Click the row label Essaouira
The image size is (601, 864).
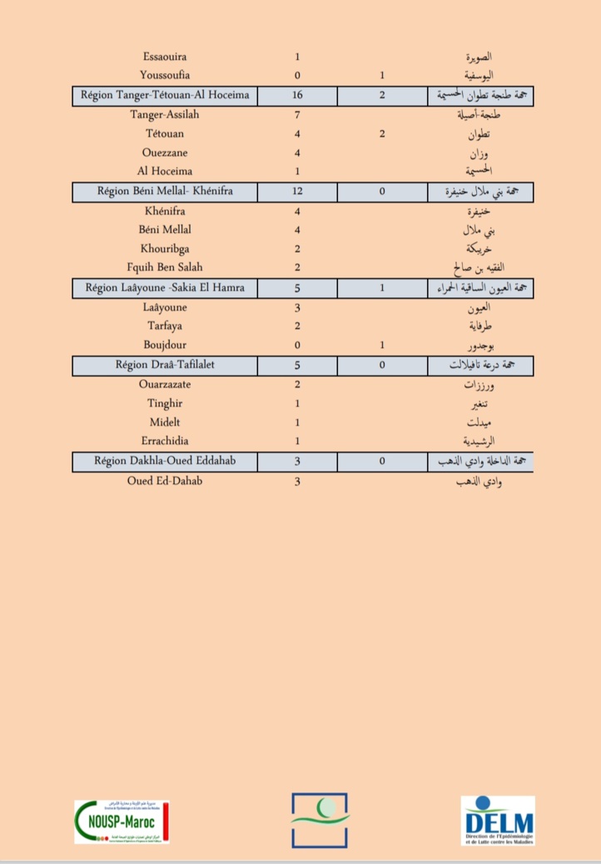pos(165,57)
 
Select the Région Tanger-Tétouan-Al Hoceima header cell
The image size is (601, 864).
pos(165,95)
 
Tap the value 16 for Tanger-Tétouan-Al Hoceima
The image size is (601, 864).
pos(297,95)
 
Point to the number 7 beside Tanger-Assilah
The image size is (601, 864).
pos(297,114)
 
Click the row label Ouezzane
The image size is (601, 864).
pos(165,152)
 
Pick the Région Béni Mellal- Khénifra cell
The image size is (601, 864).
pos(165,192)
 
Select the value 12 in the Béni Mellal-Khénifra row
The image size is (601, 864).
pos(297,192)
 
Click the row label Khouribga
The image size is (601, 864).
pos(165,249)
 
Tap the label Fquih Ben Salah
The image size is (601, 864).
pos(165,267)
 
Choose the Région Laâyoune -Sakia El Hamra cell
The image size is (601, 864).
pos(165,288)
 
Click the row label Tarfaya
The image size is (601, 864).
pos(165,326)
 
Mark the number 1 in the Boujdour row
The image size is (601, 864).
pos(381,345)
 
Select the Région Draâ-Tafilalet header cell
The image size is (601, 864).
pos(165,365)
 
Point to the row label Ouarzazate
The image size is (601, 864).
pos(165,384)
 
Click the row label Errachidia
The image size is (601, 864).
pos(165,441)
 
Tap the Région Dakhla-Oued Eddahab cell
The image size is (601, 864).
pos(165,461)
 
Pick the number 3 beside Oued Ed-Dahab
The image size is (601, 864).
pos(297,481)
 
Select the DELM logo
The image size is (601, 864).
pos(498,821)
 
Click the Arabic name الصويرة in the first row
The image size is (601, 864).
pos(479,57)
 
